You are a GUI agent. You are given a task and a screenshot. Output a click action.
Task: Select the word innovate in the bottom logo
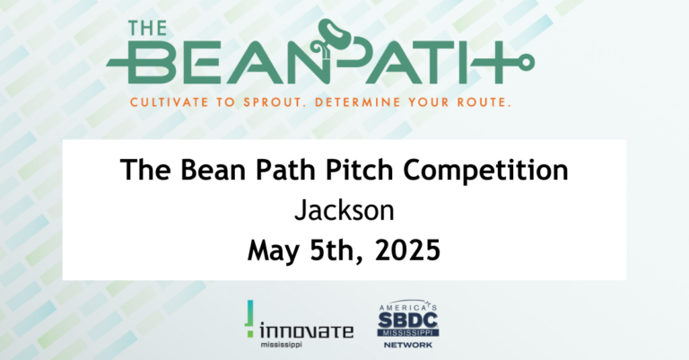306,329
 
